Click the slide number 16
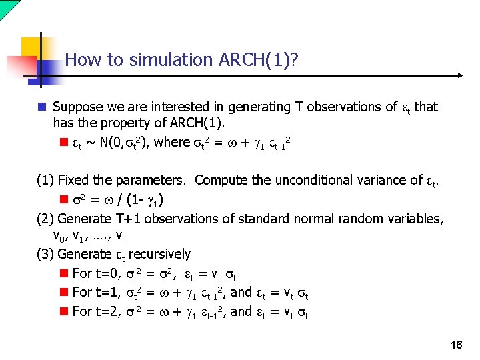[x=457, y=345]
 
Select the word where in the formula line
[x=172, y=142]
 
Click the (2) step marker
[x=45, y=218]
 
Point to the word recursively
[x=159, y=254]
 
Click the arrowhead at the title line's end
[x=459, y=76]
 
